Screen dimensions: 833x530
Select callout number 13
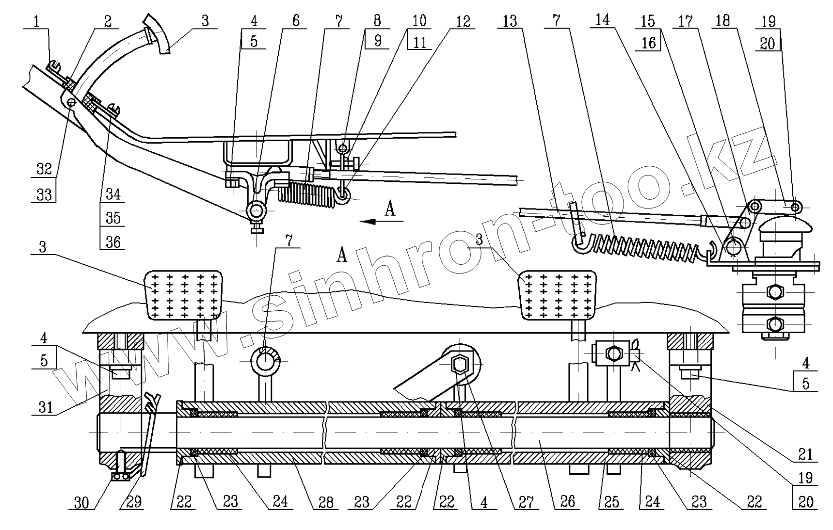510,21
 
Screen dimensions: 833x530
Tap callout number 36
113,241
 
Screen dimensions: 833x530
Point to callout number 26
567,501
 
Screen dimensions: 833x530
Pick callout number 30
81,502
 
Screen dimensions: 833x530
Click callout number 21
805,454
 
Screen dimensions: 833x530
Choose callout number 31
45,406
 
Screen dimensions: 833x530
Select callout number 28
325,502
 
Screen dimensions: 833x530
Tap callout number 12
463,21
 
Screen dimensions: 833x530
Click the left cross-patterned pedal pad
184,295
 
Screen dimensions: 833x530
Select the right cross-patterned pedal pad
558,295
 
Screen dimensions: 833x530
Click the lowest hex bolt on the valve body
775,323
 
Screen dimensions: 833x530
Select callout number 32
44,169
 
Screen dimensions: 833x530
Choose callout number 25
611,502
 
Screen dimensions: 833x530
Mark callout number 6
296,21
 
